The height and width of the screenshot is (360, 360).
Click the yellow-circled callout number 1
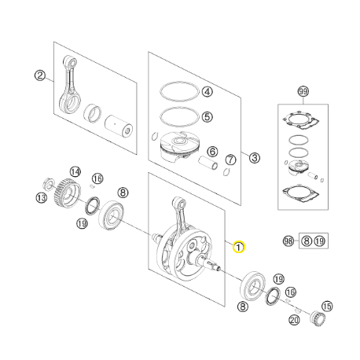tap(239, 247)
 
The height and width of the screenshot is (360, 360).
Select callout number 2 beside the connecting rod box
tap(40, 75)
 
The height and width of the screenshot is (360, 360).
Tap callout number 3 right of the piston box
tap(254, 158)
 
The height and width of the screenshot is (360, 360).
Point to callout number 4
tap(208, 92)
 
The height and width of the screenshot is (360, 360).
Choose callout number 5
tap(208, 116)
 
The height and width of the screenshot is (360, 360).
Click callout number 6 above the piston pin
tap(212, 151)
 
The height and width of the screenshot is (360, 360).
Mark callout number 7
tap(230, 160)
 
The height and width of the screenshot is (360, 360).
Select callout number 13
tap(41, 197)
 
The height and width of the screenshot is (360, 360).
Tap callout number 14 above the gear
tap(75, 172)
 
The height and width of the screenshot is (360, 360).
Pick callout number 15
tap(327, 306)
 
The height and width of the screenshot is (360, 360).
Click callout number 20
tap(294, 320)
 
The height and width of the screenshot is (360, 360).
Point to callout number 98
tap(288, 241)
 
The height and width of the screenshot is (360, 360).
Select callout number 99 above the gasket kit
tap(303, 92)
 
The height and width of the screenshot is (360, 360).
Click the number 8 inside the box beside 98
tap(307, 241)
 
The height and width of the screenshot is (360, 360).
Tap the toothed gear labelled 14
tap(68, 193)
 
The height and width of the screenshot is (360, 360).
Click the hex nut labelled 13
tap(49, 183)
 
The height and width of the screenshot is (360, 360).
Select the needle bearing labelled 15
tap(318, 318)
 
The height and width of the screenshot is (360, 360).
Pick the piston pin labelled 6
tap(208, 163)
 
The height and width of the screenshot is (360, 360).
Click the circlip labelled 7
tap(226, 172)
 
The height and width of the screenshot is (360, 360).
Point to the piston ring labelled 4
tap(179, 83)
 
